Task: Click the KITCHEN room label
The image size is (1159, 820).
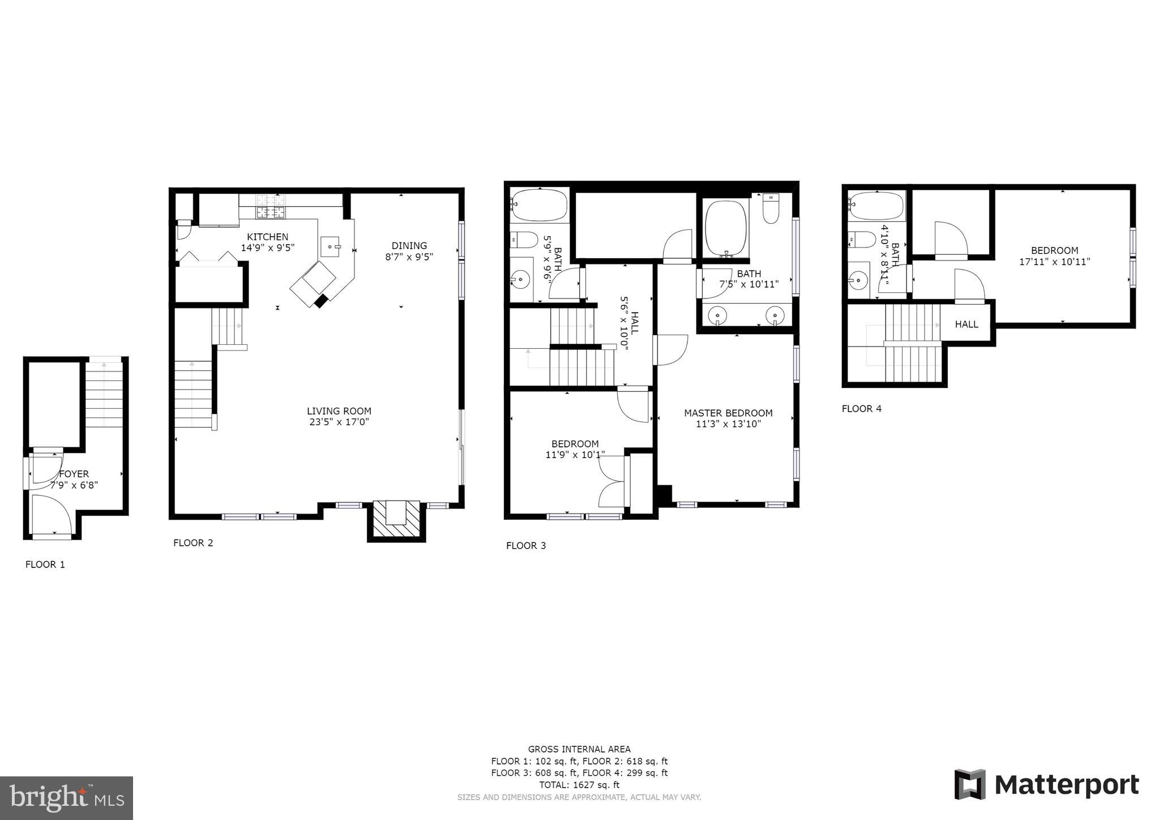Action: pyautogui.click(x=267, y=237)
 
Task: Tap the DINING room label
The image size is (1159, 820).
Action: pyautogui.click(x=409, y=245)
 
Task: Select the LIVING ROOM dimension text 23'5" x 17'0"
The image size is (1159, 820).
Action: pyautogui.click(x=339, y=422)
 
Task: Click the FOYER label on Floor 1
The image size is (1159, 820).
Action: pyautogui.click(x=74, y=474)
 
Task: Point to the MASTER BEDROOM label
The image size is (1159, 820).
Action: pyautogui.click(x=728, y=413)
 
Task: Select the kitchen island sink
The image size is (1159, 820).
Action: pyautogui.click(x=330, y=247)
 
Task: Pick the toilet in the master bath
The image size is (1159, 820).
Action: pyautogui.click(x=771, y=208)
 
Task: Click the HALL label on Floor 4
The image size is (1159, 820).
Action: pyautogui.click(x=966, y=324)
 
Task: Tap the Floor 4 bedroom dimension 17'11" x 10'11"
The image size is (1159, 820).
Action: pyautogui.click(x=1054, y=262)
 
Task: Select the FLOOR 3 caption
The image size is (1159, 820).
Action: pyautogui.click(x=525, y=545)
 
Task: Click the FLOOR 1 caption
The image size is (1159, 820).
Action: pyautogui.click(x=45, y=564)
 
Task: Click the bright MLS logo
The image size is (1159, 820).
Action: pyautogui.click(x=66, y=798)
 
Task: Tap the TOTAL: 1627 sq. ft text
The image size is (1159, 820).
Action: pyautogui.click(x=579, y=785)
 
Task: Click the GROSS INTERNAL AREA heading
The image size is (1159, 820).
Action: pyautogui.click(x=579, y=749)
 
